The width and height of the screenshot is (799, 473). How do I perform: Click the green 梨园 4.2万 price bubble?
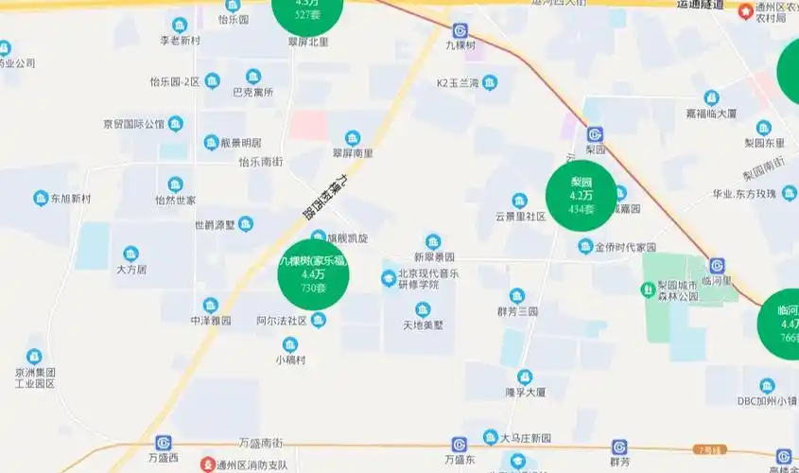pos(581,195)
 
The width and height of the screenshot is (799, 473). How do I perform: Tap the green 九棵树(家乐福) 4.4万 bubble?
pos(313,273)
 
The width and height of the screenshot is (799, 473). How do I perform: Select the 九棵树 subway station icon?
pos(460,30)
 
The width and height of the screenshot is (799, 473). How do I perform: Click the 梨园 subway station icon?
pos(595,134)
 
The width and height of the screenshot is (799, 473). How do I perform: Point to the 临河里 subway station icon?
pos(717,266)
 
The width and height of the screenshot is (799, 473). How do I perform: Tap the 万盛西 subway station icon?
pos(164,443)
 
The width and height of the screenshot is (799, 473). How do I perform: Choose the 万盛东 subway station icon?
pos(460,444)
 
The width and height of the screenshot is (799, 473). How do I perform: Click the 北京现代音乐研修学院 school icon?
pos(389,277)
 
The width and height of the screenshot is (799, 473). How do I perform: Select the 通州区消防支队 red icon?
pos(207,464)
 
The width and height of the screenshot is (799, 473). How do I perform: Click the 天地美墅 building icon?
pos(423,309)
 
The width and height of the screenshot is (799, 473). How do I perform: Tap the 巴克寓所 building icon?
pos(253,77)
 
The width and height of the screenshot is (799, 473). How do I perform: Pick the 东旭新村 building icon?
pos(41,199)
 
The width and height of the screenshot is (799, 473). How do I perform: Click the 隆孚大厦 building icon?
pos(526,376)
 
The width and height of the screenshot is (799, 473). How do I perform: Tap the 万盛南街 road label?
pos(261,443)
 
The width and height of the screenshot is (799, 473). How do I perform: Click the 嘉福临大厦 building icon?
pos(711,97)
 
